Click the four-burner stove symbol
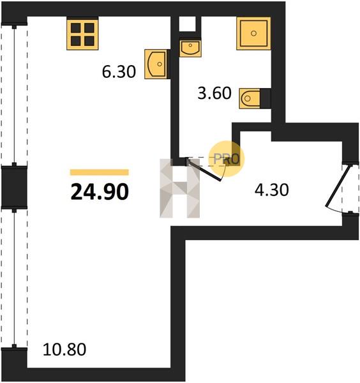tap(82, 34)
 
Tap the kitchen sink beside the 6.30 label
tap(156, 64)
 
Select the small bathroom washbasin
tap(190, 49)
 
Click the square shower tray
tap(253, 33)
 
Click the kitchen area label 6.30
tap(119, 71)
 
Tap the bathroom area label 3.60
tap(214, 93)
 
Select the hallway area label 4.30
tap(271, 190)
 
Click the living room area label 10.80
tap(64, 349)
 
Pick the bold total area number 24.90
tap(100, 192)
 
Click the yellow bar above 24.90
tap(100, 172)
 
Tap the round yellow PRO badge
tap(226, 159)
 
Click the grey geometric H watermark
tap(180, 188)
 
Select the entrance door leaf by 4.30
tap(339, 186)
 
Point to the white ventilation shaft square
tap(188, 24)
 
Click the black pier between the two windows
tap(14, 187)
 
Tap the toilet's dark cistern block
tap(266, 98)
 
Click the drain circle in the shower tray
tap(253, 33)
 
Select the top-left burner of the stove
tap(76, 28)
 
